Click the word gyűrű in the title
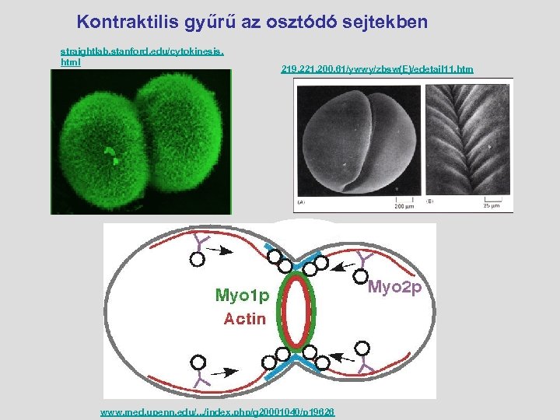[215, 22]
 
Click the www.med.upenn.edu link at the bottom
[217, 411]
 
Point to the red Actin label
[245, 317]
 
